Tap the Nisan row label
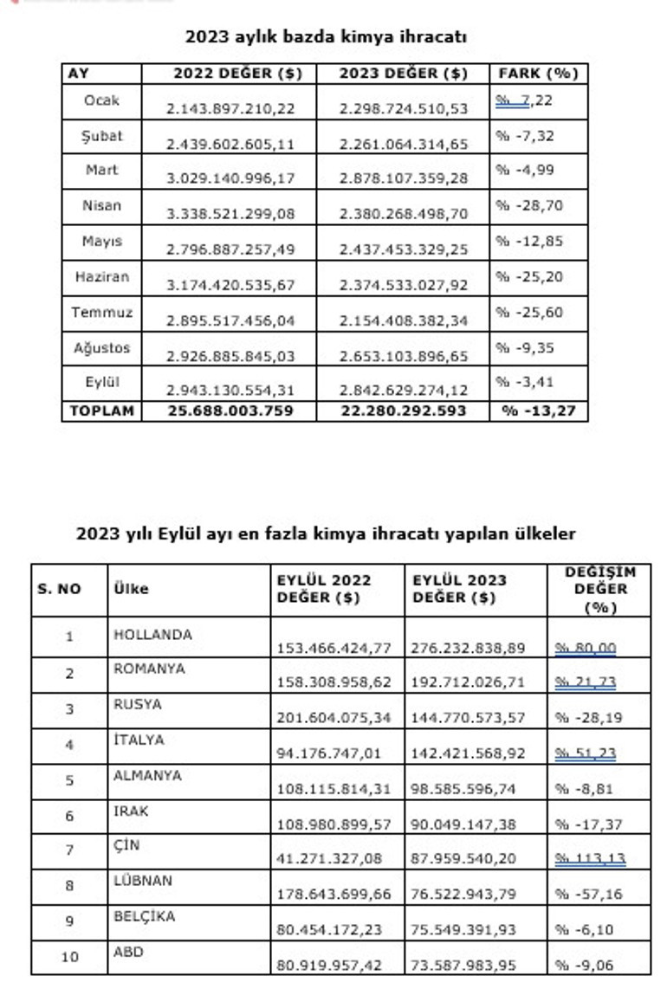pos(102,206)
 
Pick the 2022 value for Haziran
pos(230,285)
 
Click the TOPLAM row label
pos(101,410)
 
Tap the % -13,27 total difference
pos(539,410)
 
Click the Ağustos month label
pos(102,348)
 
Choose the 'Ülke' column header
pos(131,589)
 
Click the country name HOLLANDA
pos(152,635)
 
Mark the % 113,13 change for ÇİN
pos(589,858)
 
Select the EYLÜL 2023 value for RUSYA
pos(469,717)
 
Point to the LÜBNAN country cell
pos(143,881)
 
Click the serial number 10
pos(69,956)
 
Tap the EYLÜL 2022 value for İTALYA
pos(329,753)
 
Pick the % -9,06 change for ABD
pos(588,965)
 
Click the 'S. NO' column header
pos(59,589)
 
